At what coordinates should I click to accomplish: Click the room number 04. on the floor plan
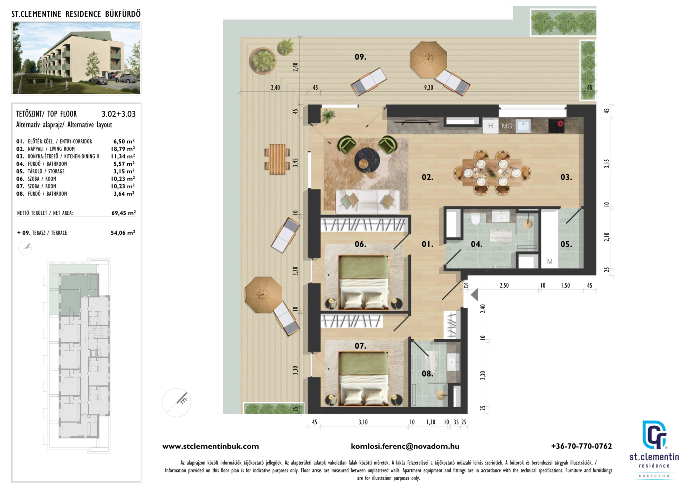476,244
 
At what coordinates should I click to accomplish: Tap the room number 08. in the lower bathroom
427,374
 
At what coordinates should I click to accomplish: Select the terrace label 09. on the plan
360,57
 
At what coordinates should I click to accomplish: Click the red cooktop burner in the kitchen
560,123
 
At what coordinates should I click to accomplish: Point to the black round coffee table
367,160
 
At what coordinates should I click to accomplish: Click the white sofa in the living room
368,201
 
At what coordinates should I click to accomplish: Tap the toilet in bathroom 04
475,219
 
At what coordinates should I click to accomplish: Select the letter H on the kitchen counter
490,126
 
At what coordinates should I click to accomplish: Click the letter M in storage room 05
550,262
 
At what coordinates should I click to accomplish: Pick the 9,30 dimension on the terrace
429,88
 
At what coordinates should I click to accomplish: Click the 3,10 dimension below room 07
363,422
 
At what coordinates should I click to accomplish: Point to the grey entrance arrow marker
474,295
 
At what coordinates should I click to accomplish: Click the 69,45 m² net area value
124,213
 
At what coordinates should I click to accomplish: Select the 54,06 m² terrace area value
123,233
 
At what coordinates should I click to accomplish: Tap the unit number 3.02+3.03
119,114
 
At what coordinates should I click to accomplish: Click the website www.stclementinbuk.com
210,446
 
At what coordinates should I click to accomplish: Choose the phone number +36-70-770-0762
581,446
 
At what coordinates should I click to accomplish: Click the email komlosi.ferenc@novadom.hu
405,446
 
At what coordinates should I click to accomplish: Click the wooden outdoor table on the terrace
277,159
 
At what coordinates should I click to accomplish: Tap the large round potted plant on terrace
263,61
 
